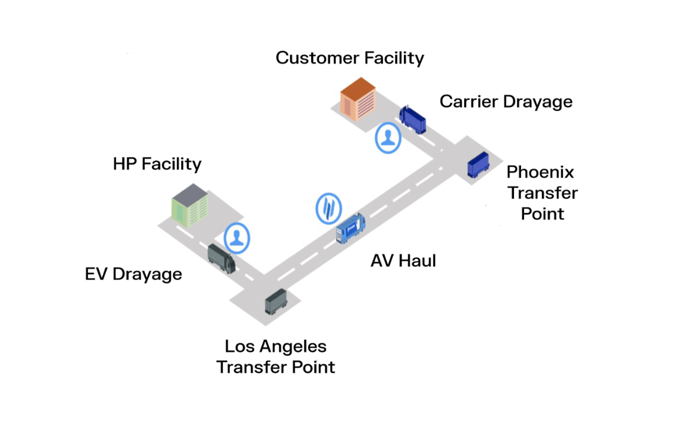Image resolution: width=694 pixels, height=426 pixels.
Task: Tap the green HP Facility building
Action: click(x=190, y=205)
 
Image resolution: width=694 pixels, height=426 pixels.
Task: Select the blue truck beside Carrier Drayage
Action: click(x=413, y=119)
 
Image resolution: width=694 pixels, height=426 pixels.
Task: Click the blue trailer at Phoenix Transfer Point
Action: click(x=477, y=165)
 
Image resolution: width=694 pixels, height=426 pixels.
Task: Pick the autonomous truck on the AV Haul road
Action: click(x=351, y=229)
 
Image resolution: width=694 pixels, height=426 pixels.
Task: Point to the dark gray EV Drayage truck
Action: click(x=221, y=258)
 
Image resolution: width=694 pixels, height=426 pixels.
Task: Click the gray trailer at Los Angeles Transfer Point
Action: click(x=276, y=301)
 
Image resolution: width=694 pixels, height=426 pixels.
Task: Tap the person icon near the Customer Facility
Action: click(x=388, y=138)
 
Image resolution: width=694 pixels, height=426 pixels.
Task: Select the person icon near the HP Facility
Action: click(x=237, y=238)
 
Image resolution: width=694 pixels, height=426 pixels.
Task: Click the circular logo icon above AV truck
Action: click(x=328, y=208)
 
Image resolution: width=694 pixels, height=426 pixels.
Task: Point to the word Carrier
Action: click(x=469, y=102)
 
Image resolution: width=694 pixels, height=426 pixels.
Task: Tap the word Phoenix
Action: click(x=540, y=172)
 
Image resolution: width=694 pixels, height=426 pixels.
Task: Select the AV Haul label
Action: click(x=403, y=261)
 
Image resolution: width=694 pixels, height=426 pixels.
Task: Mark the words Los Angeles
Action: click(x=276, y=346)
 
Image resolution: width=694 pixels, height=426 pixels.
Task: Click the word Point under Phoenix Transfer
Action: click(x=543, y=214)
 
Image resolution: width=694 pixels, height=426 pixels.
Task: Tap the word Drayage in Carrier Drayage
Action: click(x=537, y=102)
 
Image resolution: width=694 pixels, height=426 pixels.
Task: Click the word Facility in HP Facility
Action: click(x=172, y=164)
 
